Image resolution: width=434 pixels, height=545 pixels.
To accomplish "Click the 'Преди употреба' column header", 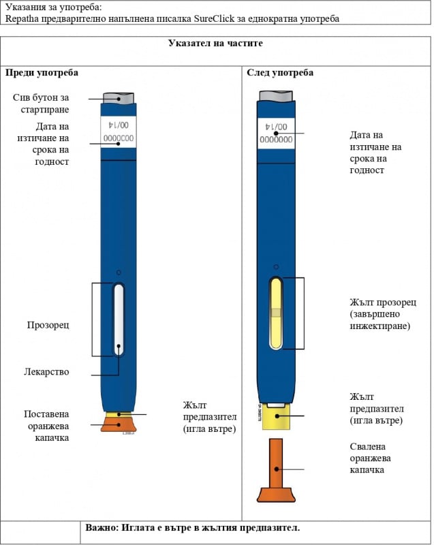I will click(x=42, y=72).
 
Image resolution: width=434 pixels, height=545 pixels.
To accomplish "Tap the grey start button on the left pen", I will click(x=118, y=97).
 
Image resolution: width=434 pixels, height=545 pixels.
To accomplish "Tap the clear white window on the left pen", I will click(x=119, y=318).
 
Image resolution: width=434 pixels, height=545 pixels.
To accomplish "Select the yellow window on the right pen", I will click(x=275, y=313).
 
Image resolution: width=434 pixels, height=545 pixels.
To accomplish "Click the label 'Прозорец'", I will click(x=48, y=325).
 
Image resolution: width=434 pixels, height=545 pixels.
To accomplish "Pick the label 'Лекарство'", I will click(x=46, y=372).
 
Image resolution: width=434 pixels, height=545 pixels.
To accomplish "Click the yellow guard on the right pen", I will click(x=275, y=416).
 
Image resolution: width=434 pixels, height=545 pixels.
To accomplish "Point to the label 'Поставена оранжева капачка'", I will click(x=46, y=426).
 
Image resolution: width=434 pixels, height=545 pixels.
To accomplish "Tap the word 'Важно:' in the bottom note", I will click(x=102, y=528).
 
